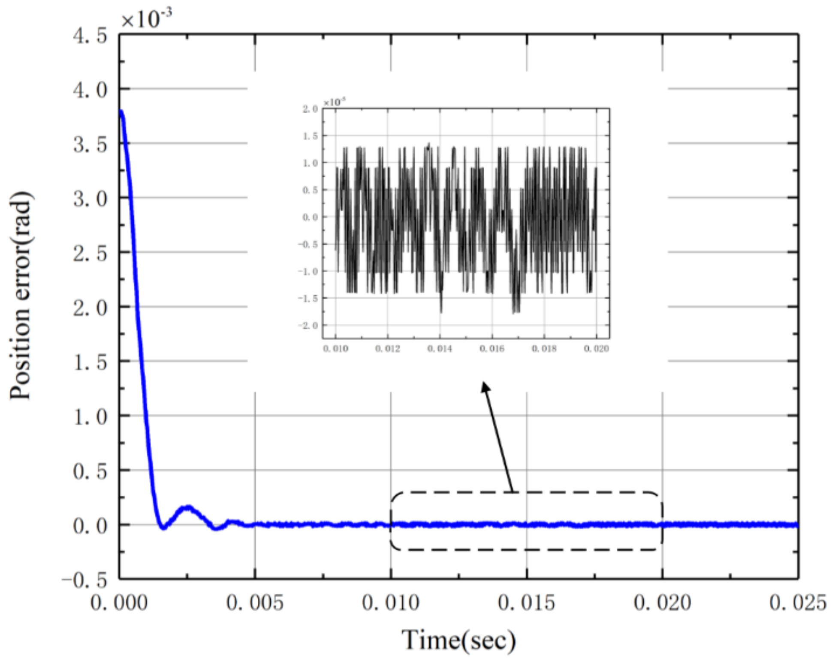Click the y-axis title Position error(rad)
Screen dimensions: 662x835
coord(21,296)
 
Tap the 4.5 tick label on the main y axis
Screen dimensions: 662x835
coord(90,36)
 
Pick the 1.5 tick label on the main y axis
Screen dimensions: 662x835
coord(90,362)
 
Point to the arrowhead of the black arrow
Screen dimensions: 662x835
coord(485,386)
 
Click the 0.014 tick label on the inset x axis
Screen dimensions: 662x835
coord(440,349)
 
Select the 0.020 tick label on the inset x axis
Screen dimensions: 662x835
coord(596,349)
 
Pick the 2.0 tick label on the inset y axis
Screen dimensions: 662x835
coord(310,109)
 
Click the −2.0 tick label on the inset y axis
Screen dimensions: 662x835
coord(308,326)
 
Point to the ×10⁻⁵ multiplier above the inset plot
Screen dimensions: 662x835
coord(335,102)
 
